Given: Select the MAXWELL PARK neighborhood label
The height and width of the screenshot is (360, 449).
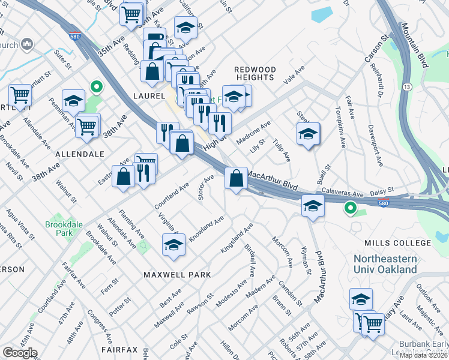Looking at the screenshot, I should click(x=177, y=274).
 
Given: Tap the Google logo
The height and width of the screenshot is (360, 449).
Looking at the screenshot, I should click(x=19, y=352).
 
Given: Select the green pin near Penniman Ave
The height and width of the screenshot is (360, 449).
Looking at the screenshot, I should click(x=95, y=88).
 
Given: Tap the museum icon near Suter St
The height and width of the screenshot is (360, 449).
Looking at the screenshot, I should click(x=27, y=44).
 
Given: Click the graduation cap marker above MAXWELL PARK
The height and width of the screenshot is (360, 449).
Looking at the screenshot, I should click(x=174, y=245).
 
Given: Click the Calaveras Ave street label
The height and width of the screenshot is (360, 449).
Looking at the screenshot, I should click(x=343, y=193).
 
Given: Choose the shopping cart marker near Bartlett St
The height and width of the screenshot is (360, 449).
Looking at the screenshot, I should click(x=20, y=95).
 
